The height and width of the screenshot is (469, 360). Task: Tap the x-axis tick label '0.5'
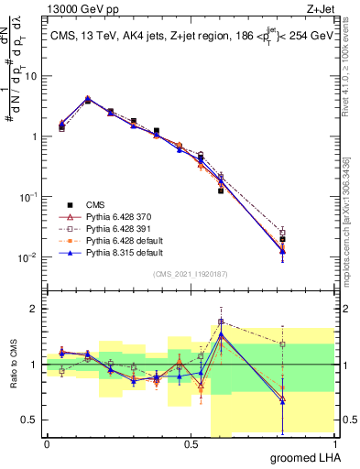(x=191, y=443)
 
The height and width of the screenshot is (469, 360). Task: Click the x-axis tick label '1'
(x=334, y=443)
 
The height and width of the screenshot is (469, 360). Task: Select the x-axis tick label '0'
(x=47, y=443)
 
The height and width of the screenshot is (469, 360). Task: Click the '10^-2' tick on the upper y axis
(x=27, y=257)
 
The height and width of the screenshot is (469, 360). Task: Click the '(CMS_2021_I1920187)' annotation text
(x=191, y=274)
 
